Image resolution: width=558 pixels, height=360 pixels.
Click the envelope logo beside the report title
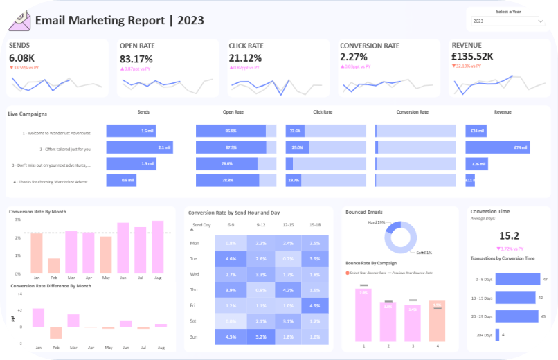[x=19, y=20]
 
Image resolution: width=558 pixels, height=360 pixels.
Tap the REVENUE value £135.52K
[x=472, y=56]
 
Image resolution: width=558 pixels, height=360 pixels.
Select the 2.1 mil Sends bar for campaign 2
[x=139, y=147]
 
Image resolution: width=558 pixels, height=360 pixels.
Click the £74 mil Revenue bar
[x=497, y=147]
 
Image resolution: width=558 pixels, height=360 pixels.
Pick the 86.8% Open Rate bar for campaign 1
[x=231, y=131]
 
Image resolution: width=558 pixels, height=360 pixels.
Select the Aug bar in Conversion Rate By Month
[x=157, y=247]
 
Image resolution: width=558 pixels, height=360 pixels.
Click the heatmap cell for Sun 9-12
[x=260, y=336]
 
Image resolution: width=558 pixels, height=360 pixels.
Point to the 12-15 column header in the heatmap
[x=288, y=225]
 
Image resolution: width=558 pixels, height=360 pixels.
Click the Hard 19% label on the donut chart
[x=376, y=222]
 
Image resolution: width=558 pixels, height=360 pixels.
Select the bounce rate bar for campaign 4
[x=437, y=321]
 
